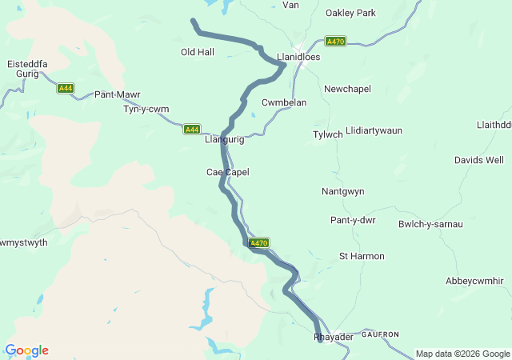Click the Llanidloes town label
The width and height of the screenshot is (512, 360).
(298, 58)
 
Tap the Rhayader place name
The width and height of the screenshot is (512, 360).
(333, 338)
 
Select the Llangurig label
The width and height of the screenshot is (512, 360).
(224, 139)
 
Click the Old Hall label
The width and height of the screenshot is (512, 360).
(198, 52)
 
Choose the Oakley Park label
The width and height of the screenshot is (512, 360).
(350, 13)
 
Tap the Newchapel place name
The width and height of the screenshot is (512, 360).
(347, 89)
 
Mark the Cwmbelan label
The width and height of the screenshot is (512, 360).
(284, 102)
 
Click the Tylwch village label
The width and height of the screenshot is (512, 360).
(327, 134)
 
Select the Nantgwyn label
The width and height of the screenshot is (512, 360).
(342, 192)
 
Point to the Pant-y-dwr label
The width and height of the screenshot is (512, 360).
(353, 220)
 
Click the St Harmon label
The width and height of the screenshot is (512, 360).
(362, 256)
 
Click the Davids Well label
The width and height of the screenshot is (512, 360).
(479, 160)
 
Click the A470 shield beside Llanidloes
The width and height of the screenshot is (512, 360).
(335, 41)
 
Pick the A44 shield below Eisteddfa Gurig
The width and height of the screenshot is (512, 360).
(66, 88)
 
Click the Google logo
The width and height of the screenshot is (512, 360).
(26, 350)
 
